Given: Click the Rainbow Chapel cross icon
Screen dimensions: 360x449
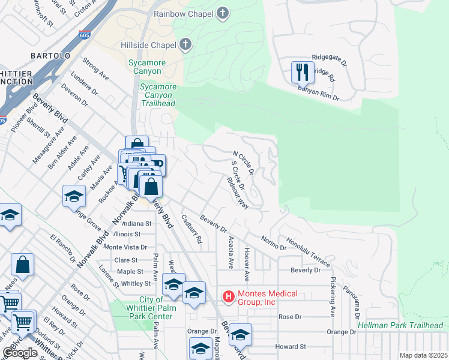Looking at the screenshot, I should (x=223, y=13).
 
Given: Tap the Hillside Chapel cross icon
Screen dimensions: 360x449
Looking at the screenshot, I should (x=185, y=44).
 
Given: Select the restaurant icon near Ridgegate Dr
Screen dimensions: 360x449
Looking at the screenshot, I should (x=302, y=73).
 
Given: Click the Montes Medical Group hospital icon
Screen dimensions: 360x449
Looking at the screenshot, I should (x=228, y=296).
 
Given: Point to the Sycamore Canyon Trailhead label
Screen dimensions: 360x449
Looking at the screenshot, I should (x=158, y=95).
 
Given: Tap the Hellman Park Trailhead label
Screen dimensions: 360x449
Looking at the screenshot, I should (x=400, y=325).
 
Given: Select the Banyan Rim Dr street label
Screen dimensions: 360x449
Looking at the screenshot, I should (x=318, y=92).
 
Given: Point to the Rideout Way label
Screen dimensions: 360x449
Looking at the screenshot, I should (x=238, y=193).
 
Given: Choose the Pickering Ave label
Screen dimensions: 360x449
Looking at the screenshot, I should (x=332, y=296).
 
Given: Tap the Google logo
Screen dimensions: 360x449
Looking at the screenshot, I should (x=20, y=352).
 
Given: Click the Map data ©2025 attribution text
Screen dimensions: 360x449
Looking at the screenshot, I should (x=423, y=355).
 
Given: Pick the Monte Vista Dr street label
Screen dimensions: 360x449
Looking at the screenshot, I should (x=125, y=247).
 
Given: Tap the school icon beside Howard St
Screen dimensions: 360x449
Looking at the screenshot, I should (x=240, y=334).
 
